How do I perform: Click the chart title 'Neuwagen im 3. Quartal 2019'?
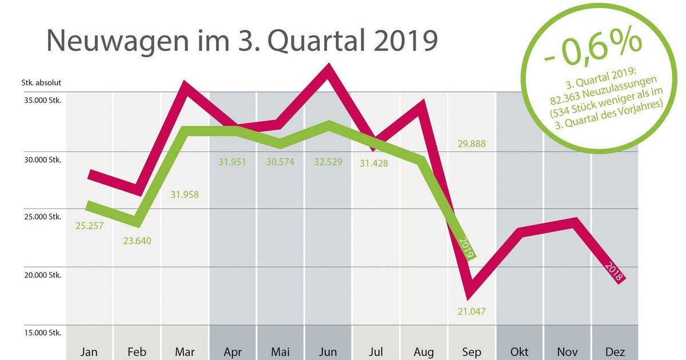coord(242,41)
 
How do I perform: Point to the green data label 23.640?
coord(137,240)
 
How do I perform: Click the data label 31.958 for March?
coord(185,194)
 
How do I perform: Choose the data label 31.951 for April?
coord(232,162)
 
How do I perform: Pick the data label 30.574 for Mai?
coord(280,162)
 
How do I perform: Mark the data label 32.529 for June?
coord(328,162)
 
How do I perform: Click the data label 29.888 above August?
coord(471,143)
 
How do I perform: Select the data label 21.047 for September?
coord(472,311)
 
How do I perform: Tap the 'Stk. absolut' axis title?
coord(42,82)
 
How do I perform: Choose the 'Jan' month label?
coord(89,351)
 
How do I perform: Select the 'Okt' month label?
coord(519,351)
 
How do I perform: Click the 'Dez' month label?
coord(614,351)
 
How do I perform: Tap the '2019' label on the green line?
coord(466,247)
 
